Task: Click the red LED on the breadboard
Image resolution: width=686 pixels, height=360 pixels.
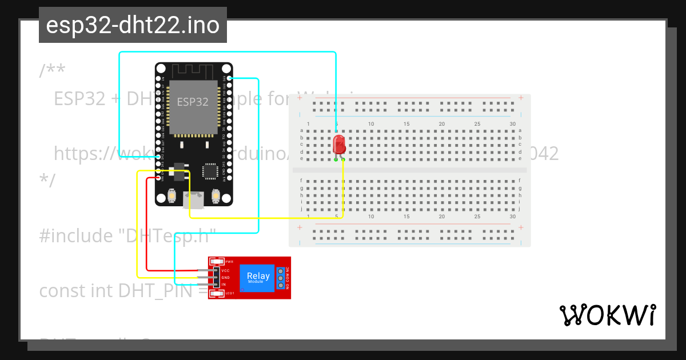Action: click(338, 144)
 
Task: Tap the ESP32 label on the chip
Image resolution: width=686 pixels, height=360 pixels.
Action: click(193, 102)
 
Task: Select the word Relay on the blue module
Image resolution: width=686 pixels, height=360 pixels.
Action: click(258, 276)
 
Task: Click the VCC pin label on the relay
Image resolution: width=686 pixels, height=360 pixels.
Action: click(225, 270)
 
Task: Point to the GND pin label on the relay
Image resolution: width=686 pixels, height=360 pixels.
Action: click(225, 277)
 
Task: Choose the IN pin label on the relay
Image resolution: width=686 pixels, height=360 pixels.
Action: click(224, 284)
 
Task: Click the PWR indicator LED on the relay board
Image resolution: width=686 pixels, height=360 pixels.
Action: click(217, 261)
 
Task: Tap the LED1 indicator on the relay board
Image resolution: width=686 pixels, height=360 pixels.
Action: click(217, 294)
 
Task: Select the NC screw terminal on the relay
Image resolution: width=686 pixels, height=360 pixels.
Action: click(281, 270)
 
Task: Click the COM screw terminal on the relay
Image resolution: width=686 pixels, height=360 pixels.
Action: click(281, 277)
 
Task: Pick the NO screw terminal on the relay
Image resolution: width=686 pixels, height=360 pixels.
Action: click(281, 284)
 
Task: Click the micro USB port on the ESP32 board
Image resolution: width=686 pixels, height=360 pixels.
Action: click(194, 200)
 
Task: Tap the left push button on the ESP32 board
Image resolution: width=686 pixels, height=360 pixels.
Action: click(171, 196)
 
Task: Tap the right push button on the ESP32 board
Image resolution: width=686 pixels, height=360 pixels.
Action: click(216, 196)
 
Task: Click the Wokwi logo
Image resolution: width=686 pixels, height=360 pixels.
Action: click(607, 315)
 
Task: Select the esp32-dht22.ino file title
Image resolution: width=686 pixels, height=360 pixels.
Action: click(133, 26)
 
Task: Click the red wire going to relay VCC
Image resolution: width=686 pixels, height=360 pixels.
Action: click(147, 229)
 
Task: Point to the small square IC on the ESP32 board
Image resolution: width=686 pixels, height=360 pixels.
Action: click(210, 171)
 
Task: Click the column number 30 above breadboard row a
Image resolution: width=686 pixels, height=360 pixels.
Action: click(513, 124)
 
